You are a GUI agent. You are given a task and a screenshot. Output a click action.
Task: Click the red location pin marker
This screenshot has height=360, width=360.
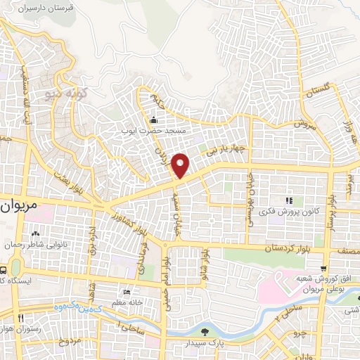(181, 165)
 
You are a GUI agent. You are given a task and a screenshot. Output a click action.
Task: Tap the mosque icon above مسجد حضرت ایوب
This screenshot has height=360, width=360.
(154, 120)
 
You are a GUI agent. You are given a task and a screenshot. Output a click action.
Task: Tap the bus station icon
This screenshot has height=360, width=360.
(4, 269)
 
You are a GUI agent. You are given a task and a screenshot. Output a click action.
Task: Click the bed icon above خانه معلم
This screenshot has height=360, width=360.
(127, 292)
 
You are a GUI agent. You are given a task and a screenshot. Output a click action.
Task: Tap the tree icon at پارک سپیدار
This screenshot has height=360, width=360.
(205, 332)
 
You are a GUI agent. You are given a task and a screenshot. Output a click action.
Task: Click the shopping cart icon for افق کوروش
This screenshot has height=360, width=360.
(323, 268)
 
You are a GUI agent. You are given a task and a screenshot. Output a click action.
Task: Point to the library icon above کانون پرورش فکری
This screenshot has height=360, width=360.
(290, 200)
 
